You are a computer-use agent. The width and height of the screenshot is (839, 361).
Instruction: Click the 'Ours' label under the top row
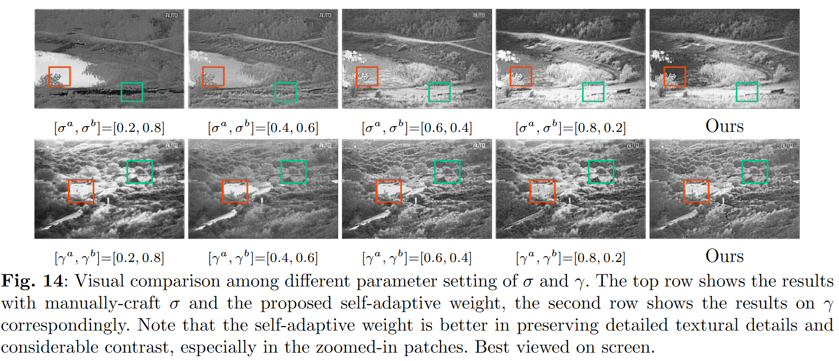tap(724, 126)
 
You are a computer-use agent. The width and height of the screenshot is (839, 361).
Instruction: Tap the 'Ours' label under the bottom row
tap(724, 256)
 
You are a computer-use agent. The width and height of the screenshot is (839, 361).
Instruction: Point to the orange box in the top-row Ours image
tap(675, 76)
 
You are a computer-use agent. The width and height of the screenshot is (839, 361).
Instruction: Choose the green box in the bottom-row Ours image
tap(755, 172)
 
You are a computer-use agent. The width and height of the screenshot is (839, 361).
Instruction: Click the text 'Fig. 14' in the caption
tap(32, 281)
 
